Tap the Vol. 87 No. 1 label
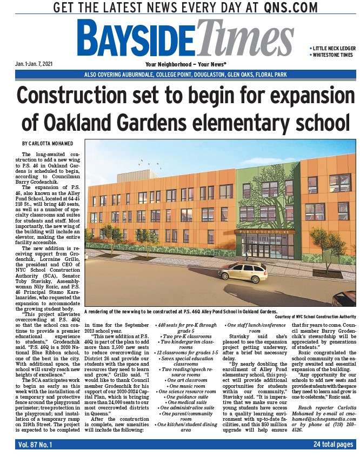pyautogui.click(x=38, y=445)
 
